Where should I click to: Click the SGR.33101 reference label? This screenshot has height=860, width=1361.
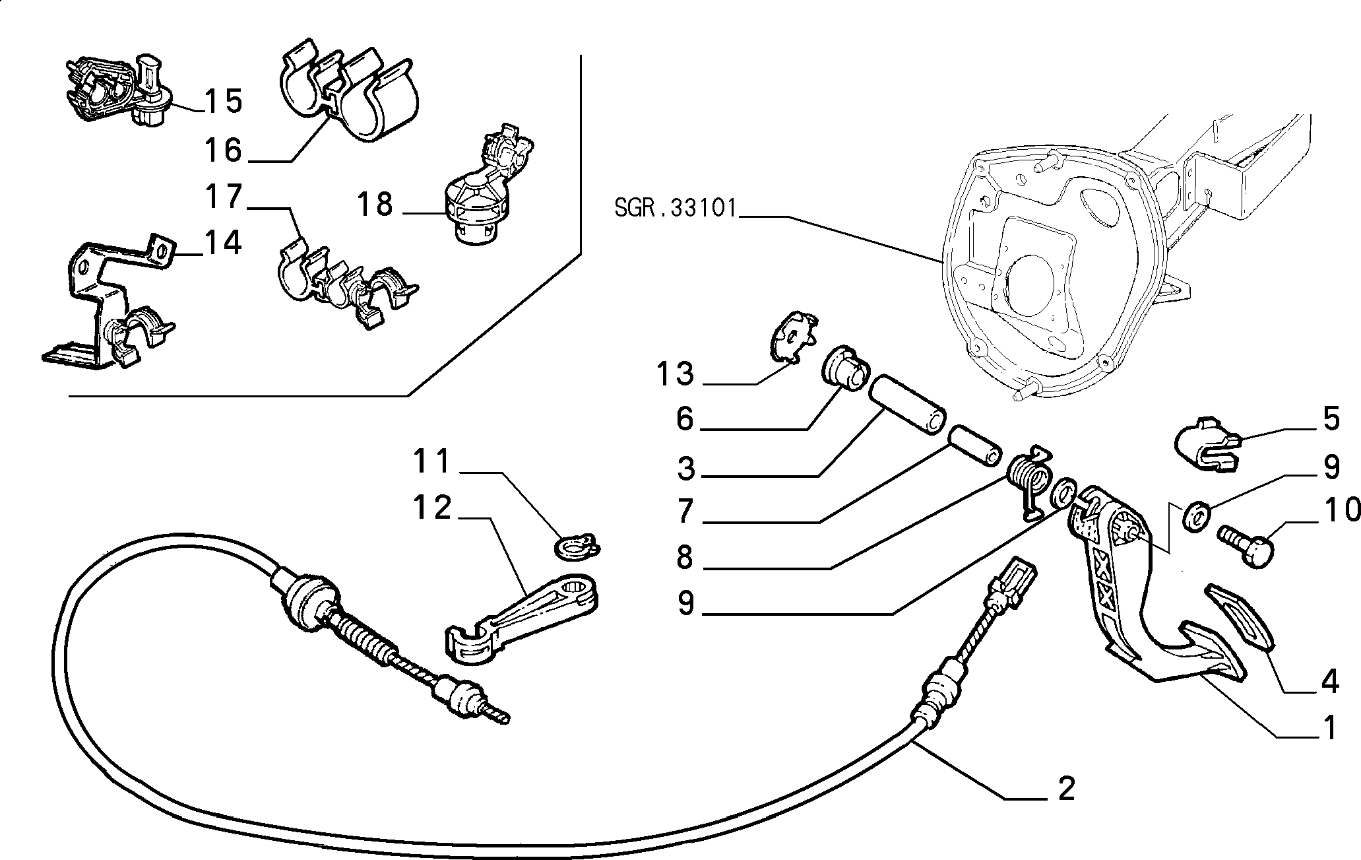[675, 209]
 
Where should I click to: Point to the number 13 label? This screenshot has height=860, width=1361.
[676, 374]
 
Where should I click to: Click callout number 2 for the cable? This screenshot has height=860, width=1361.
[1066, 788]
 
